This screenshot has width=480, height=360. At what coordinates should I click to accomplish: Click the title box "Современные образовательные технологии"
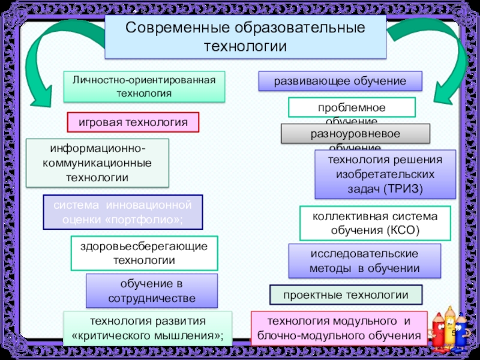pos(245,37)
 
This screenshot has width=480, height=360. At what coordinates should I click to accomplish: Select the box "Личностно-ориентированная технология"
pos(144,86)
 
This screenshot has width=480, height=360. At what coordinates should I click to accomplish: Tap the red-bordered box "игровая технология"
pos(133,122)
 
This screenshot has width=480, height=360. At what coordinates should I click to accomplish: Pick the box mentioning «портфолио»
pos(123,212)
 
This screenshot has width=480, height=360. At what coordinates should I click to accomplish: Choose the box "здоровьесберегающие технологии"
pos(145,253)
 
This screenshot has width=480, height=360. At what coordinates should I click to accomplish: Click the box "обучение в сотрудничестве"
pos(152,291)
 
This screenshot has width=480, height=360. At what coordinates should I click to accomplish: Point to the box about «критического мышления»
pos(148,328)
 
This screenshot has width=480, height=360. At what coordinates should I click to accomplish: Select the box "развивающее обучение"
pos(340,81)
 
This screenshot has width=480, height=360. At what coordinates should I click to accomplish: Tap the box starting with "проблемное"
pos(352,107)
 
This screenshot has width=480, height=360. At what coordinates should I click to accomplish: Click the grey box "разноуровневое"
pos(355,133)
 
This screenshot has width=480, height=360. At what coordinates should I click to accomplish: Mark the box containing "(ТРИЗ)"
pos(385,175)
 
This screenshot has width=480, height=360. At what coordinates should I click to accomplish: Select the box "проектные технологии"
pos(346,295)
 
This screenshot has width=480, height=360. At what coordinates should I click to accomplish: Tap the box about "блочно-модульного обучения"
pos(338,328)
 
